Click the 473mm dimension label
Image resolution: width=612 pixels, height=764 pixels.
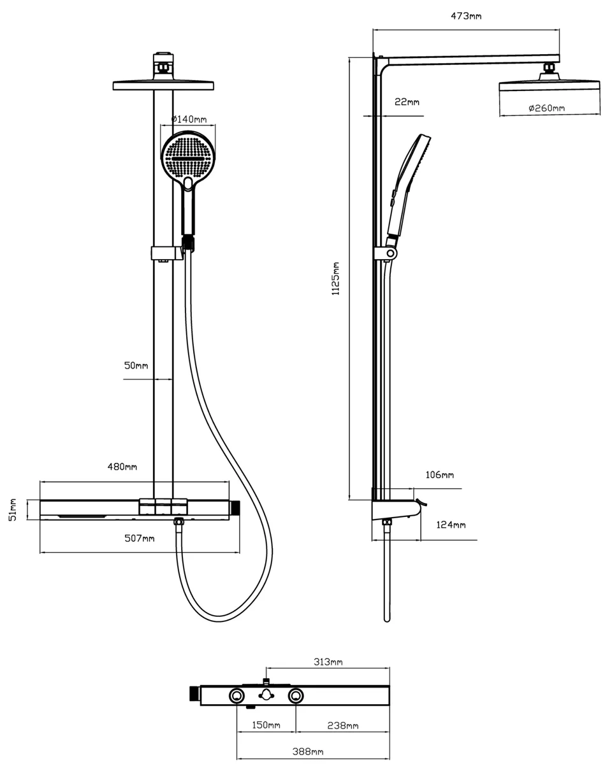click(x=466, y=15)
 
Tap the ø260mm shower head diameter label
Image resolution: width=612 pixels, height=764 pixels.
click(x=546, y=108)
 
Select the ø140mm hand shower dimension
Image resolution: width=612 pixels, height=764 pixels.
click(x=189, y=119)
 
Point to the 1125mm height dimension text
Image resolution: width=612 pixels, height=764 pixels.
click(x=336, y=278)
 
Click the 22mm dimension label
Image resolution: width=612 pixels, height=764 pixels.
click(x=407, y=102)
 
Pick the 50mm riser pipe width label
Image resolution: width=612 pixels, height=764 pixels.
click(x=136, y=365)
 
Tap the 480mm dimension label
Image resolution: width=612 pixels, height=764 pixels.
click(x=122, y=467)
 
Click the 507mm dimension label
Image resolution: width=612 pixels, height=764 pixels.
click(x=140, y=539)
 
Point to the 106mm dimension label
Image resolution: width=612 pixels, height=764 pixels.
click(x=439, y=475)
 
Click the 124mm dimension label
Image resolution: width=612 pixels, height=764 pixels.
click(x=451, y=525)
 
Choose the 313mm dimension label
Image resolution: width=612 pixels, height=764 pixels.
click(x=328, y=662)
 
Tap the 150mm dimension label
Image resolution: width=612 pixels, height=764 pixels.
click(x=266, y=725)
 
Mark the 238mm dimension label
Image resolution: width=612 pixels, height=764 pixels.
click(x=343, y=725)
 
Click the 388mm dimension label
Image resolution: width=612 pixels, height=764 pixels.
click(x=309, y=752)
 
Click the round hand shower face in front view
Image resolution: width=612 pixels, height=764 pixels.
click(x=188, y=159)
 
